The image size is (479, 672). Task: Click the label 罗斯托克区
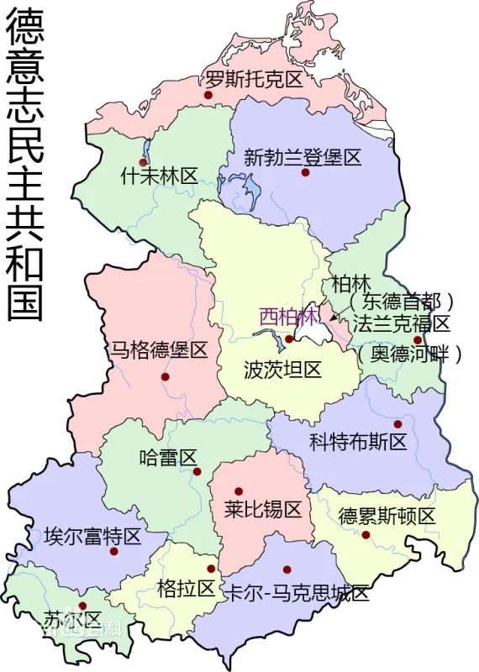254,81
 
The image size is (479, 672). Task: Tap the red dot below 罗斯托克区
208,96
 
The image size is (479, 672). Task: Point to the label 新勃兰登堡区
303,156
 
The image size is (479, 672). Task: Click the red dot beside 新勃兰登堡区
306,172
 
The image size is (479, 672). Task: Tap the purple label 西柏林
288,318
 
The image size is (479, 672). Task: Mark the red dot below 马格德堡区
166,378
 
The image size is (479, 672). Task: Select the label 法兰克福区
402,323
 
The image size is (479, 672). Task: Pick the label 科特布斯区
358,441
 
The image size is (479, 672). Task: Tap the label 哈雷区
168,458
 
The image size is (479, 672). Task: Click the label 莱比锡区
263,508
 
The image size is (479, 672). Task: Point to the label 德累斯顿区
387,516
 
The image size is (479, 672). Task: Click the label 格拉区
187,588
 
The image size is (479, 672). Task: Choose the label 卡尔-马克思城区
297,593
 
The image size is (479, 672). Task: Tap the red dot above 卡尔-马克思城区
287,569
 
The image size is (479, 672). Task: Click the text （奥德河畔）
408,354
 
